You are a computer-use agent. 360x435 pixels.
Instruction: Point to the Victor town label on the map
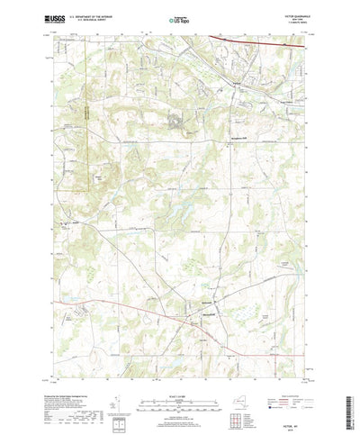click(x=237, y=85)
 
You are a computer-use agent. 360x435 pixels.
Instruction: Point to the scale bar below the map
click(x=180, y=377)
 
